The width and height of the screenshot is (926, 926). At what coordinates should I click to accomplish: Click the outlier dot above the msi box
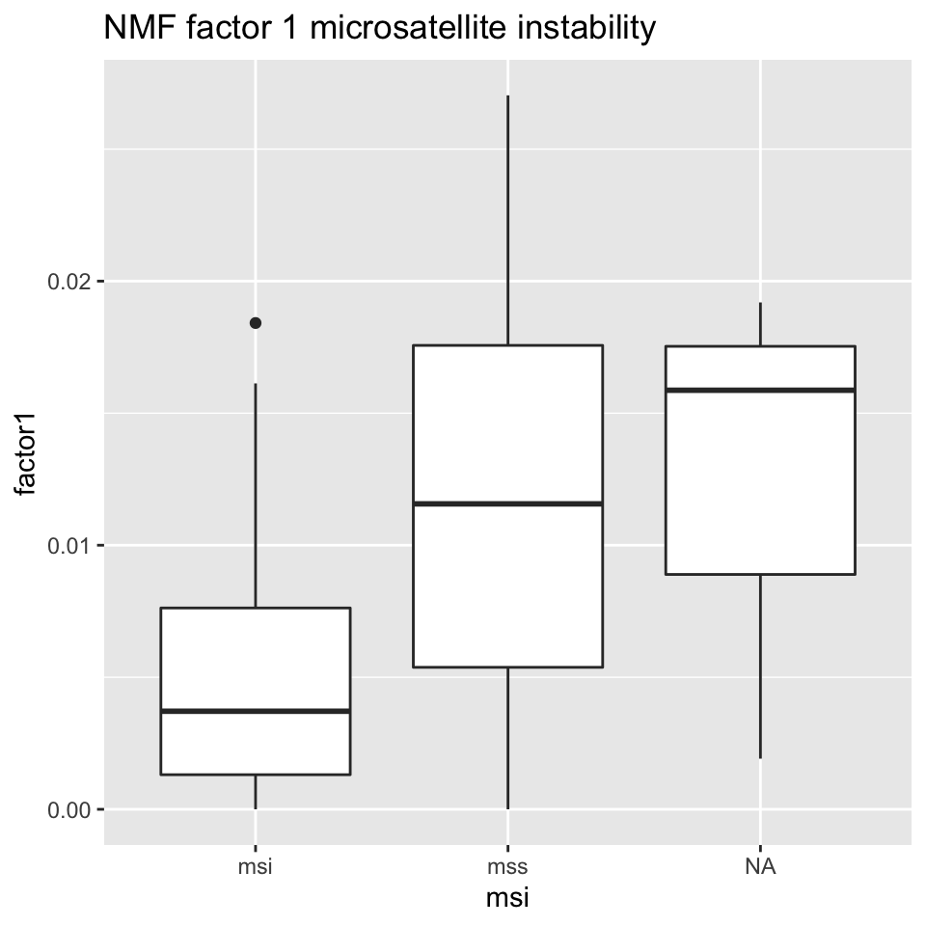[256, 323]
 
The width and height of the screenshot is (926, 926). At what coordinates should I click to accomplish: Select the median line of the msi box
[256, 711]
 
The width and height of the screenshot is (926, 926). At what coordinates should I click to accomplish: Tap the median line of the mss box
[507, 504]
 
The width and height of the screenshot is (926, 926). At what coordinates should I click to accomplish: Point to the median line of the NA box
[760, 390]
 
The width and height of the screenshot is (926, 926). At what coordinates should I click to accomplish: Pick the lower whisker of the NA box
[760, 666]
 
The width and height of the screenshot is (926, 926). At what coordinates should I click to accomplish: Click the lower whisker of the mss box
[507, 738]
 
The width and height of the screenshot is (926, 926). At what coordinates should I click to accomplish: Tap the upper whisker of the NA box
[760, 324]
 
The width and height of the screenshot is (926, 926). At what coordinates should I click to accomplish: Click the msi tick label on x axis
[256, 866]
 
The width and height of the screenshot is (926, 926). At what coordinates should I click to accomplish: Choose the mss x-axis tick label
[507, 866]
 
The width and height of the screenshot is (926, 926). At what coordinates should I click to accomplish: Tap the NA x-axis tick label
[760, 866]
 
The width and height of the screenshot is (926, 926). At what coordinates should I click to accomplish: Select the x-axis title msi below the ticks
[507, 899]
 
